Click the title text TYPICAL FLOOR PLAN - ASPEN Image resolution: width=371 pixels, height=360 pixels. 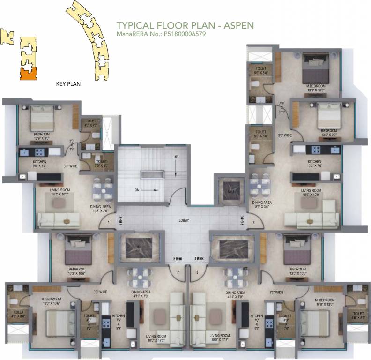coord(185,25)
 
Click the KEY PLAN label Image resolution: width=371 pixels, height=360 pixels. coord(68,84)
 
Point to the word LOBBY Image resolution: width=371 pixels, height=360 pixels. coord(184,220)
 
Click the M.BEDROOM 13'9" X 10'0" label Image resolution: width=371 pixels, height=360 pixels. coord(316,88)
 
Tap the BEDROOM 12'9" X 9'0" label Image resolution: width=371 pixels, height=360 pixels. coord(42,136)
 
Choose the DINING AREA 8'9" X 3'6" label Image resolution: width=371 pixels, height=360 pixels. coord(262,204)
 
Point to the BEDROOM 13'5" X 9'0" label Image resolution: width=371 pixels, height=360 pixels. coord(328,133)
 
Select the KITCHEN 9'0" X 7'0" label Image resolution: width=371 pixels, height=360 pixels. coord(27,164)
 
